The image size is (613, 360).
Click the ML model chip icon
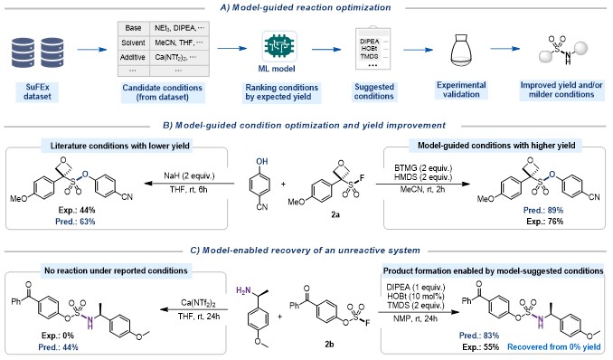tap(279, 46)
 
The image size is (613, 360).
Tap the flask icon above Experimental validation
tap(461, 51)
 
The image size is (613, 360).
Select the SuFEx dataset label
tap(37, 92)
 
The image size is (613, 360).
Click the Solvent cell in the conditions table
tap(133, 43)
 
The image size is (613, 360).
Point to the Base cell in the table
tap(133, 28)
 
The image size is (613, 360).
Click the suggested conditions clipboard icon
tap(373, 49)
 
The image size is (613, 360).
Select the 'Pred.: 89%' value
tap(543, 210)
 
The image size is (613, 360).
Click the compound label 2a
tap(335, 214)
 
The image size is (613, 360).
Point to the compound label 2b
tap(329, 344)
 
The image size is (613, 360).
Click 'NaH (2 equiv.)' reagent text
tap(189, 175)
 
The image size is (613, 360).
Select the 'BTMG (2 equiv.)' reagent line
tap(423, 168)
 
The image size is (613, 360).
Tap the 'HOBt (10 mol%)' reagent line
tap(416, 296)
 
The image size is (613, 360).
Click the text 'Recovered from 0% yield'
tap(554, 346)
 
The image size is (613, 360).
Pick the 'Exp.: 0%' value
tap(58, 336)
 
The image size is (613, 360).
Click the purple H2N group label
tap(243, 290)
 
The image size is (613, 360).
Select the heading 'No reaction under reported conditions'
tap(116, 270)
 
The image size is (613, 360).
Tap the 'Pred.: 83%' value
tap(479, 336)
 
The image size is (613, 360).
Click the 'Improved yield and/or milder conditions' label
tap(561, 90)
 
